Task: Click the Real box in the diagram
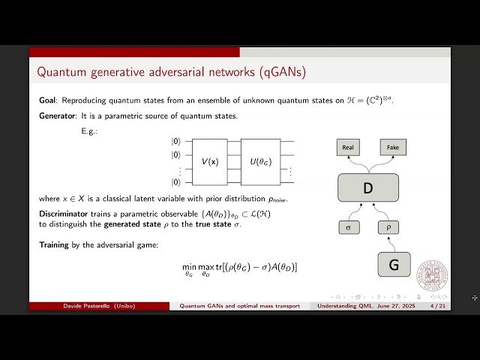click(348, 148)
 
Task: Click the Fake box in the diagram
click(392, 148)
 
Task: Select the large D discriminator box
click(367, 187)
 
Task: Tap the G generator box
click(393, 265)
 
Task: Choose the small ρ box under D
click(388, 226)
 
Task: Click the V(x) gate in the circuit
click(209, 161)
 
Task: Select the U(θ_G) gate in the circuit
click(259, 161)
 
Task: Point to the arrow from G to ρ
click(390, 243)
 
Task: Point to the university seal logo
click(432, 277)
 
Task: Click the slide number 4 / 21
click(436, 306)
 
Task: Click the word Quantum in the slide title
click(60, 73)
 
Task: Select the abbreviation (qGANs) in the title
click(280, 73)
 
